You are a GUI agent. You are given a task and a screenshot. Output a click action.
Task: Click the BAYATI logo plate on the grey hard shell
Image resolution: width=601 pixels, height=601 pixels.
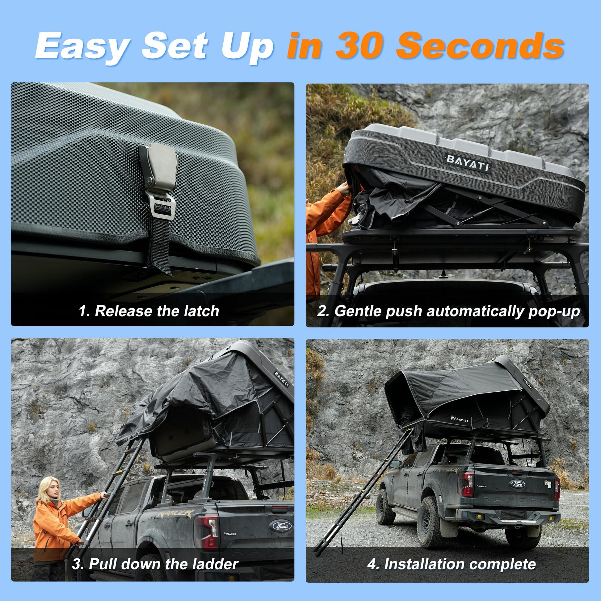point(468,163)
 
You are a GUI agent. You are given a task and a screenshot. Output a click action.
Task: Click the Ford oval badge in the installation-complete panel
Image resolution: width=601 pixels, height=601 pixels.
point(517,484)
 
